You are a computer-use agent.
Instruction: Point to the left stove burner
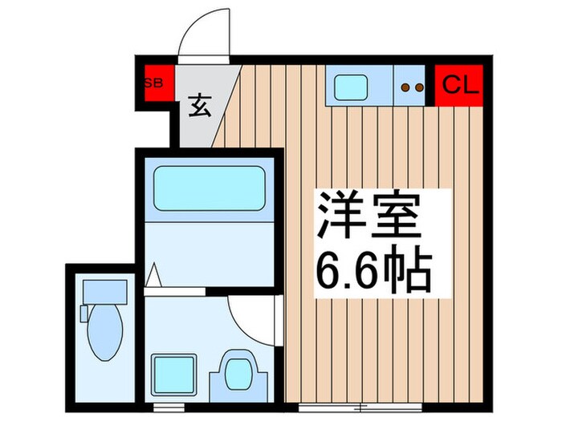point(405,87)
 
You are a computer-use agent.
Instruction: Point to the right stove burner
point(418,87)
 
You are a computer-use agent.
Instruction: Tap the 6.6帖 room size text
point(374,270)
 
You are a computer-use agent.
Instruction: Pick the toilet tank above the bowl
point(104,290)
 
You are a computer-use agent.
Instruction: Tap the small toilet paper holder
point(83,314)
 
